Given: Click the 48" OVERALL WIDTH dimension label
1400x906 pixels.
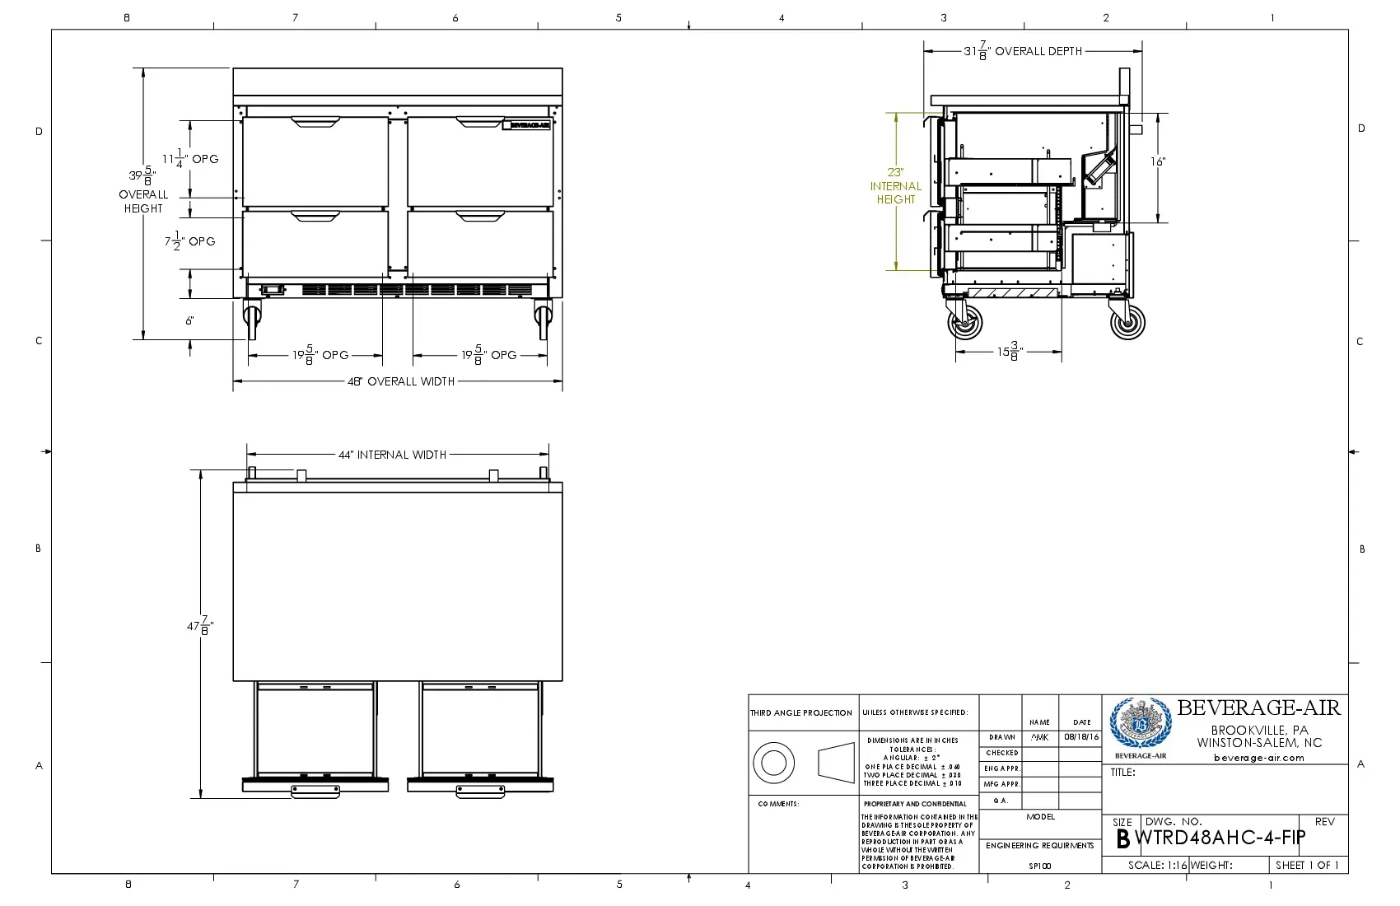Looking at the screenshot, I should [400, 381].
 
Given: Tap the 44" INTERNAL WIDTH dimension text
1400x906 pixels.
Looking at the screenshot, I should [392, 455].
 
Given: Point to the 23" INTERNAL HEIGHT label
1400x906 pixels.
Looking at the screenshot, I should [895, 186].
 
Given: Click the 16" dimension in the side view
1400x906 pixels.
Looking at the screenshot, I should [1158, 161].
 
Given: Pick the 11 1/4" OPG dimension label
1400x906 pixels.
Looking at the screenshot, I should [190, 158].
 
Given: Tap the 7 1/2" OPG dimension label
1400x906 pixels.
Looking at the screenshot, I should [190, 241].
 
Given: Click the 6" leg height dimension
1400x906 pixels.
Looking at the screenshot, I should [189, 320].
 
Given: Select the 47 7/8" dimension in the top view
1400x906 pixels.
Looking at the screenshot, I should [199, 626].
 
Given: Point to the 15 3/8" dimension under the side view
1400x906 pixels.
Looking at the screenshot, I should [1009, 352].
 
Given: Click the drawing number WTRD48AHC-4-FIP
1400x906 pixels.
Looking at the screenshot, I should [1220, 838].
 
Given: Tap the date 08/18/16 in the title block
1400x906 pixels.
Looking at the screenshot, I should [1081, 737].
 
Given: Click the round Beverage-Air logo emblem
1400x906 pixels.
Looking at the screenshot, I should [1140, 723].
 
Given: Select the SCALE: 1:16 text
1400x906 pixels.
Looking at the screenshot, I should [1157, 865].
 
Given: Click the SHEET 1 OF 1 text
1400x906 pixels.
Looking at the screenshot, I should [1307, 865].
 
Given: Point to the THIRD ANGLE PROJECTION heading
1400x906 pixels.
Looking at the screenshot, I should [801, 713].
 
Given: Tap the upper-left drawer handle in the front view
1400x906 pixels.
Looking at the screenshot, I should [315, 123].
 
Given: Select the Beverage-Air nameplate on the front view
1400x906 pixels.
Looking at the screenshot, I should [526, 125].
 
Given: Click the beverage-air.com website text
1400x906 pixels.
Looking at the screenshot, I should [1258, 758].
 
